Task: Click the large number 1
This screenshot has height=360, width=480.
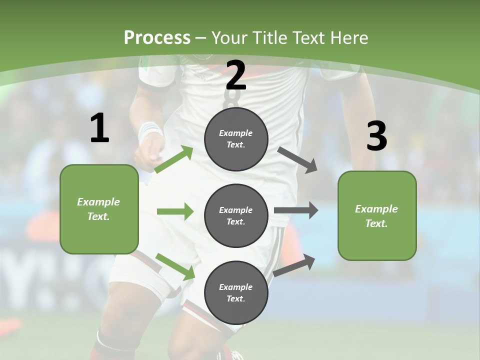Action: point(99,129)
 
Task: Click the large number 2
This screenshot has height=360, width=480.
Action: point(235,76)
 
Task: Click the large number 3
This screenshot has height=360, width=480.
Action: point(376,136)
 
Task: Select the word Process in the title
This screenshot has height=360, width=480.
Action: point(157,37)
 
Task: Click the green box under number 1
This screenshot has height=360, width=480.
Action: point(99,209)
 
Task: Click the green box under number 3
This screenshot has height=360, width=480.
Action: point(377,216)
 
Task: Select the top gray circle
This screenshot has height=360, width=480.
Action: point(236,139)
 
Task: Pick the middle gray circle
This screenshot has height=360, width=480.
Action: point(236,215)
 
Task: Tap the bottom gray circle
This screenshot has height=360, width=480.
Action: point(236,292)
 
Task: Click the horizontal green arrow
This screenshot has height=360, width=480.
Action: point(175,211)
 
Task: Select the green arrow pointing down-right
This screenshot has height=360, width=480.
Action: point(175,266)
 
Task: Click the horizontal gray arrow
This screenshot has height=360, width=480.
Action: point(296,210)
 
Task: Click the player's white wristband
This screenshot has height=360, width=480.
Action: point(149,131)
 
